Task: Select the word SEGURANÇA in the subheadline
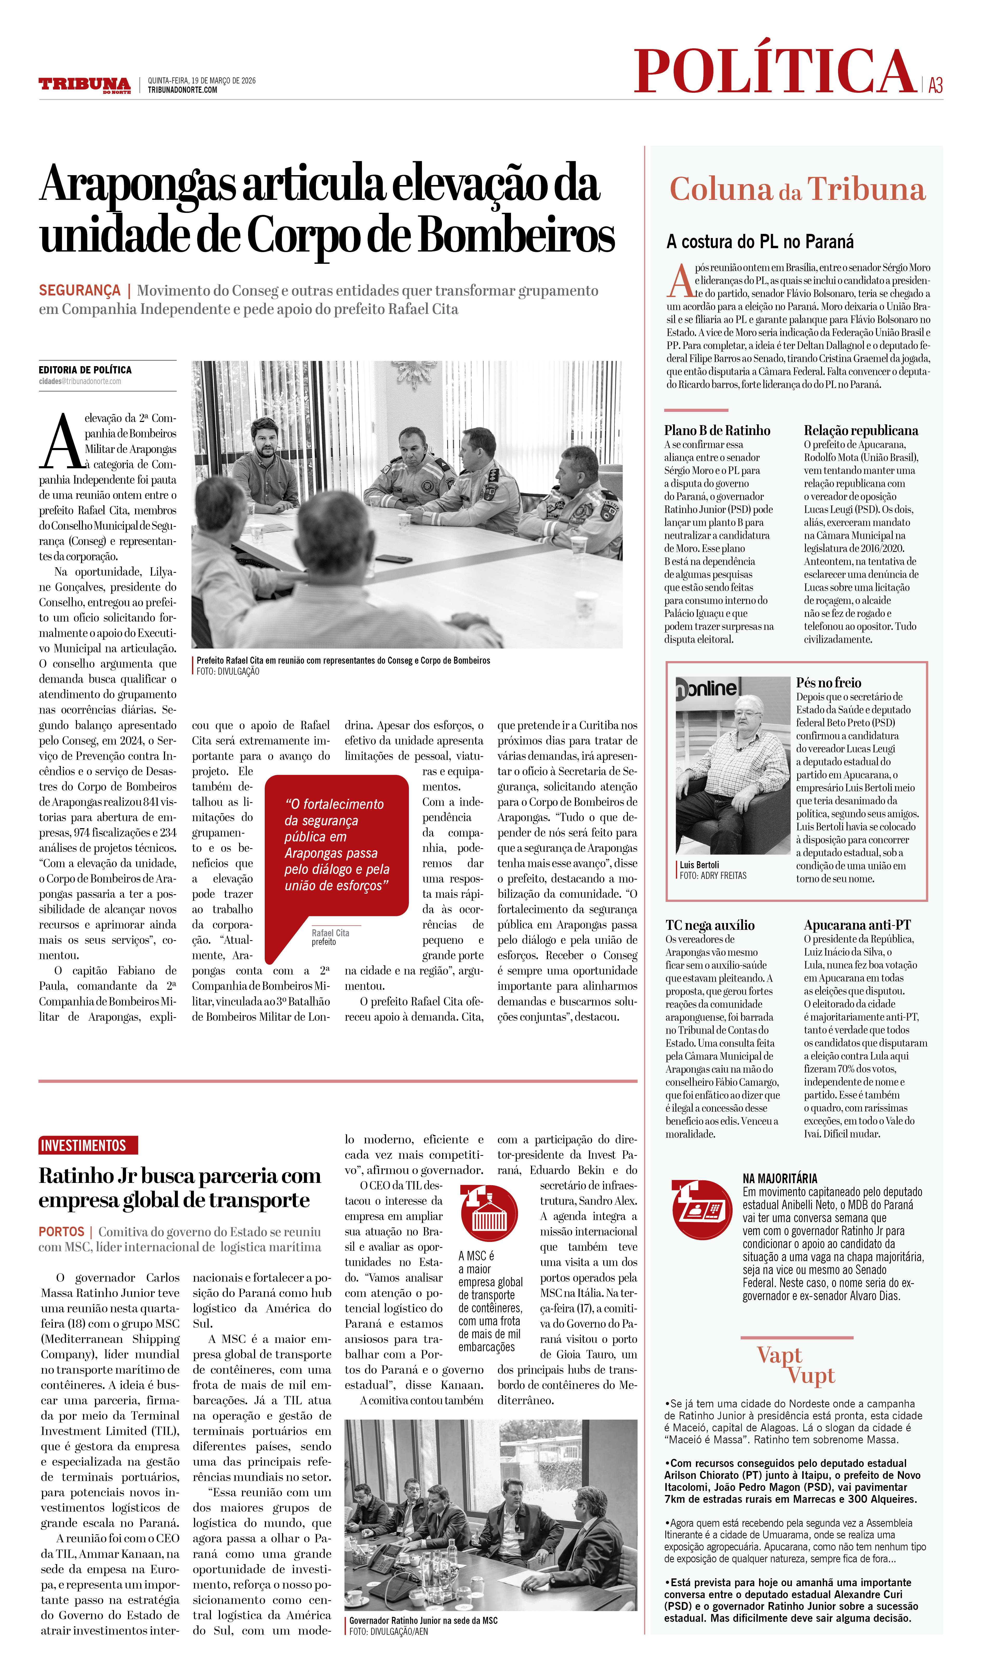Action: click(79, 291)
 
